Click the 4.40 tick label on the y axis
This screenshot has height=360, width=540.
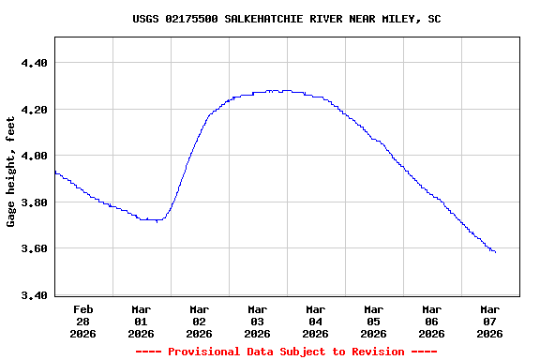(34, 63)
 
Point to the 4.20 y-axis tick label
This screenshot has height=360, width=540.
(34, 110)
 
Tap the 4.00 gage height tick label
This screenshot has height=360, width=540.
(34, 156)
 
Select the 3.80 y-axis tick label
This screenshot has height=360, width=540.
(34, 202)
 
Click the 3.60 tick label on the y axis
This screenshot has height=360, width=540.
(34, 248)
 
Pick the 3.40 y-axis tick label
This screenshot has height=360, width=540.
(34, 295)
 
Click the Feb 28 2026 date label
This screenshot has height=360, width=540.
(83, 321)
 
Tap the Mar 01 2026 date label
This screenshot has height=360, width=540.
(142, 321)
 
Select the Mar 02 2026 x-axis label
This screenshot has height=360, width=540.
(200, 321)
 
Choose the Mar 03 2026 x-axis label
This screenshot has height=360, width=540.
(258, 321)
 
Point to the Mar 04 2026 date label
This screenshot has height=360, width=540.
(316, 321)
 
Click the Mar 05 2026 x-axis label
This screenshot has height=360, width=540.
(374, 321)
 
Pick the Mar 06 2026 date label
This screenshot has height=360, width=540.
(432, 321)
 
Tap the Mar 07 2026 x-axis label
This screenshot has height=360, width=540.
(490, 321)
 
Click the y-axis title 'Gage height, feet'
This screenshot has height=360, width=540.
(11, 165)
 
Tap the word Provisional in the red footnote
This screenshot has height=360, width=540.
(205, 352)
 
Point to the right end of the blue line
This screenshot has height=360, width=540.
(495, 252)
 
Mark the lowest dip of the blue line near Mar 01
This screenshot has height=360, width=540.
(157, 220)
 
